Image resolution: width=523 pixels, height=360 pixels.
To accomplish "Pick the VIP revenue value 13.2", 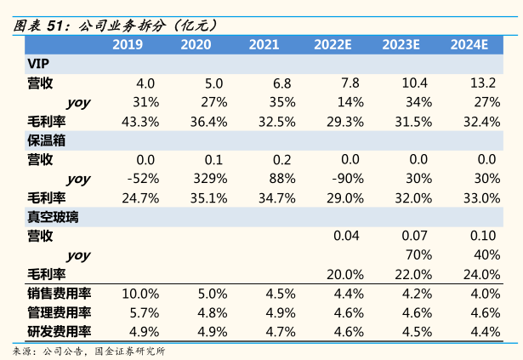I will [x=482, y=83].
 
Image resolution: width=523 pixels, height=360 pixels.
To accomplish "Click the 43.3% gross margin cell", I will [x=140, y=122].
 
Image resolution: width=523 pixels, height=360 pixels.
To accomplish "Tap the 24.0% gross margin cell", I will [x=482, y=274].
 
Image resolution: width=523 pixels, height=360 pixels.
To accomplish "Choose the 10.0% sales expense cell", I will [x=140, y=294].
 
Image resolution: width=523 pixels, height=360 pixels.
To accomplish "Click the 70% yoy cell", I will [x=417, y=255].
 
